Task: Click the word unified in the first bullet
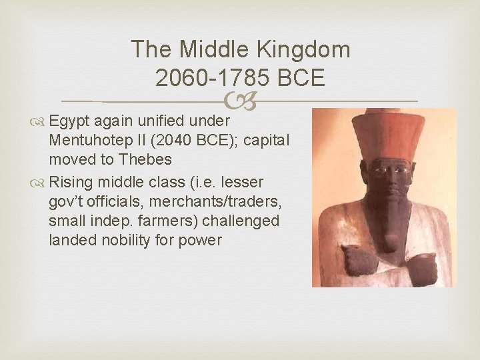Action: point(162,122)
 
